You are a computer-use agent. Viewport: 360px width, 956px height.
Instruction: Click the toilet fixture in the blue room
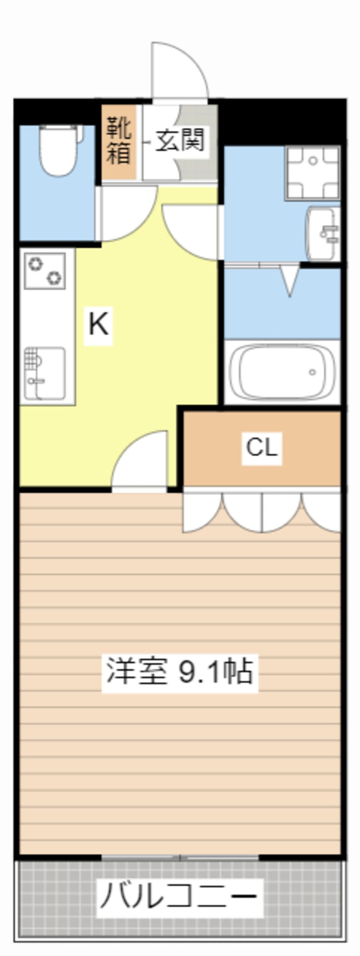tap(61, 150)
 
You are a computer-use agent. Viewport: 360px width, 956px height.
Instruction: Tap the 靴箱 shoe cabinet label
tap(119, 141)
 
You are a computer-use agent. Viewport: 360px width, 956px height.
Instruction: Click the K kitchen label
tap(99, 324)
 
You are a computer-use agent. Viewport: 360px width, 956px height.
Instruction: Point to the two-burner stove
tap(45, 271)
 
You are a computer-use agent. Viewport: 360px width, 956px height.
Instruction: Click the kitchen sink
tap(45, 373)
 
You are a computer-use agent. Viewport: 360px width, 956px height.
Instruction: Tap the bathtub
tap(282, 372)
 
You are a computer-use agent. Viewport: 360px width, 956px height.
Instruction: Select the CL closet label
tap(262, 447)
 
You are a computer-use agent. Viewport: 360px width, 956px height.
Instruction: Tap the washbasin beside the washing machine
tap(323, 233)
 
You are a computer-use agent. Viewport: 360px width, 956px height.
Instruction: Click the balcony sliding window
tap(180, 857)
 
